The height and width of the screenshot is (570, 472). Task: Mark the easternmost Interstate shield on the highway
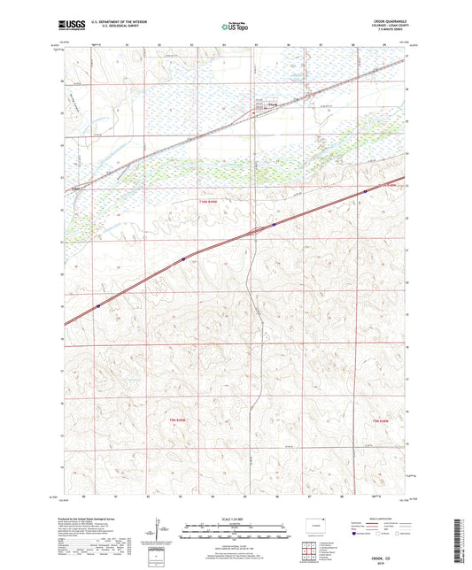(x=364, y=190)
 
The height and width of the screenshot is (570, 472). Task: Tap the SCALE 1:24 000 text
(x=235, y=518)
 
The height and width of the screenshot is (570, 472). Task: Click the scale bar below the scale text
(x=235, y=533)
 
